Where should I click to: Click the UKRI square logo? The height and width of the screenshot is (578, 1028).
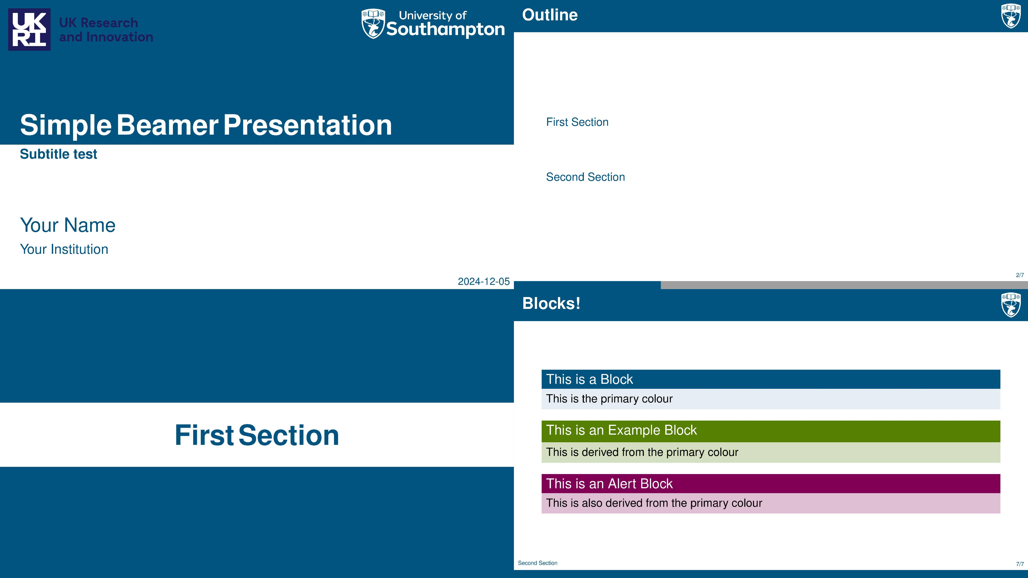[x=29, y=30]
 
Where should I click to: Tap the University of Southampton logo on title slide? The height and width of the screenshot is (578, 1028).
[x=433, y=24]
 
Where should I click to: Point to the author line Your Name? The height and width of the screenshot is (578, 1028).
[x=68, y=225]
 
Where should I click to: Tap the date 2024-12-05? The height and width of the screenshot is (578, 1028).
[x=484, y=282]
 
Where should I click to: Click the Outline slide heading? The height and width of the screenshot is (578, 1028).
[x=550, y=15]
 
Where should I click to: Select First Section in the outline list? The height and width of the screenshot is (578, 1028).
[x=577, y=122]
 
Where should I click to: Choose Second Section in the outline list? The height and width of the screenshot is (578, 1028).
[x=586, y=177]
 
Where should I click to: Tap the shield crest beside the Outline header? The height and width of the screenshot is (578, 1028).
[x=1011, y=16]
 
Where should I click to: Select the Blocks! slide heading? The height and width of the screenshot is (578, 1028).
[x=551, y=304]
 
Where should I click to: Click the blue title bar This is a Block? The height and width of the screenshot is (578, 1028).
[x=771, y=379]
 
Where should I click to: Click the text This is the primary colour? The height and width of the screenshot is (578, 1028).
[x=609, y=399]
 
